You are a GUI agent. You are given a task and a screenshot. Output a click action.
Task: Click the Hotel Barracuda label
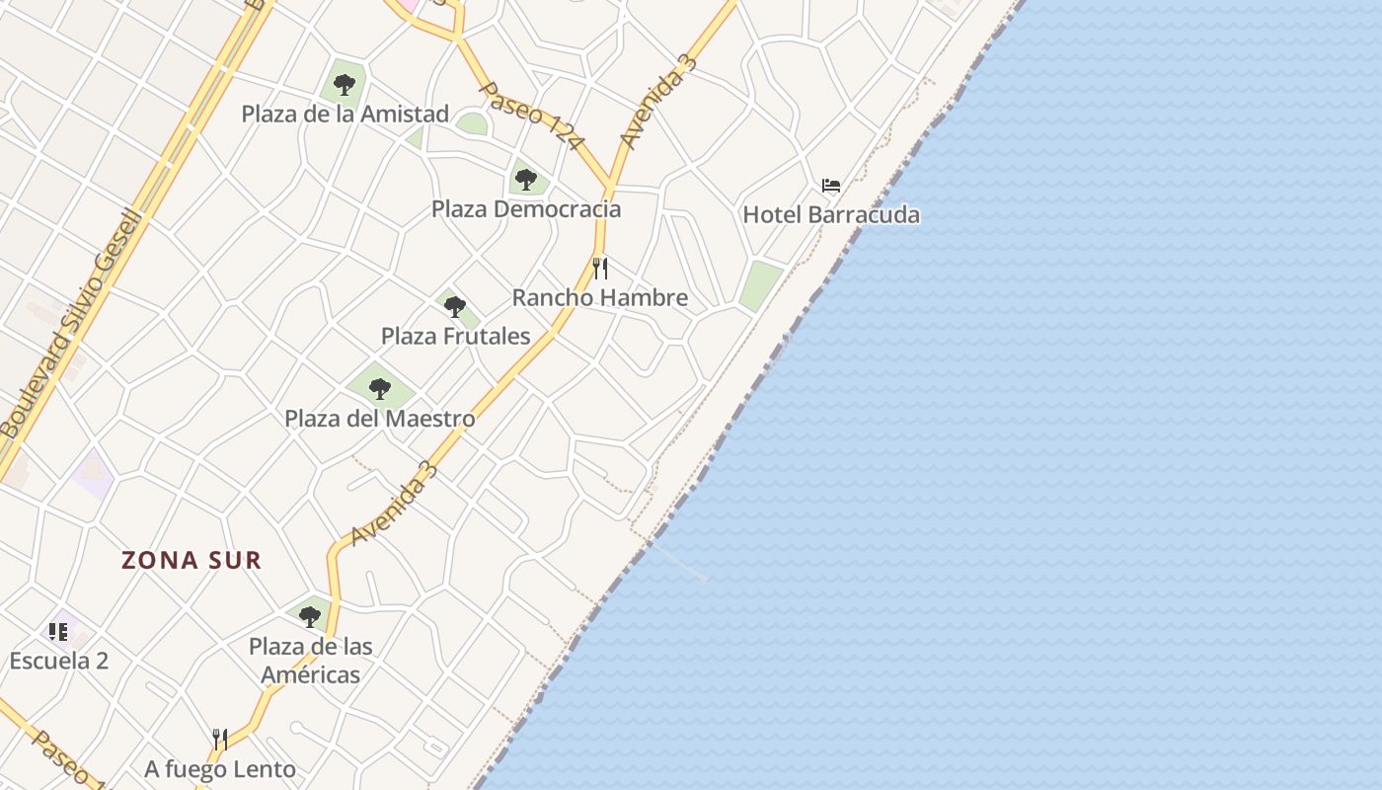pyautogui.click(x=830, y=214)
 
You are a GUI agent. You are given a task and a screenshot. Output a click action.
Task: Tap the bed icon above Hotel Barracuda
pyautogui.click(x=831, y=186)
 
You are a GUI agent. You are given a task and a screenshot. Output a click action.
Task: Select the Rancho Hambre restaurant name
pyautogui.click(x=599, y=297)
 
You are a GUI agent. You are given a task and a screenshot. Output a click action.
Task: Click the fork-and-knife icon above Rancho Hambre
pyautogui.click(x=600, y=268)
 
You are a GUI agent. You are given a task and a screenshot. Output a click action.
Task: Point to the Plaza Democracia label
pyautogui.click(x=526, y=209)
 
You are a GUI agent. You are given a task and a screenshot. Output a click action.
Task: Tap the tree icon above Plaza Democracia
pyautogui.click(x=526, y=180)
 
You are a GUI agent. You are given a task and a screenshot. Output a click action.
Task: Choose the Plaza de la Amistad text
pyautogui.click(x=345, y=114)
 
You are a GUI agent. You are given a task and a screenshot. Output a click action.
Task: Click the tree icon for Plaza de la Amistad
pyautogui.click(x=345, y=85)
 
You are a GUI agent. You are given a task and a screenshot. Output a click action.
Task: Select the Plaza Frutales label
pyautogui.click(x=455, y=336)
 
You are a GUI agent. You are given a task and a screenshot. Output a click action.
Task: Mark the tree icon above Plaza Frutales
pyautogui.click(x=454, y=306)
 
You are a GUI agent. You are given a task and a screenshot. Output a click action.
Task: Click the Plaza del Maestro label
pyautogui.click(x=380, y=419)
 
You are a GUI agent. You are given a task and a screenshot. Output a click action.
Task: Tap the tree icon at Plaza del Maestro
pyautogui.click(x=380, y=389)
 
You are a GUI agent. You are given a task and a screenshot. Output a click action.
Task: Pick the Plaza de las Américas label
pyautogui.click(x=310, y=661)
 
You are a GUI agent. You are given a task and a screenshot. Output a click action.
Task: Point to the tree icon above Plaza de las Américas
pyautogui.click(x=310, y=617)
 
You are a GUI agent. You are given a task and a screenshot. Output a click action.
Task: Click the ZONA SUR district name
pyautogui.click(x=192, y=561)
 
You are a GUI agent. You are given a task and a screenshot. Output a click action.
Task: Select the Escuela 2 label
pyautogui.click(x=59, y=661)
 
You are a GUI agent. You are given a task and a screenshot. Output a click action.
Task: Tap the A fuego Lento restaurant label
pyautogui.click(x=220, y=768)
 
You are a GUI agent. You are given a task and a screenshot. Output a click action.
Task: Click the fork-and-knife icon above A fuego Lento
pyautogui.click(x=220, y=739)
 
